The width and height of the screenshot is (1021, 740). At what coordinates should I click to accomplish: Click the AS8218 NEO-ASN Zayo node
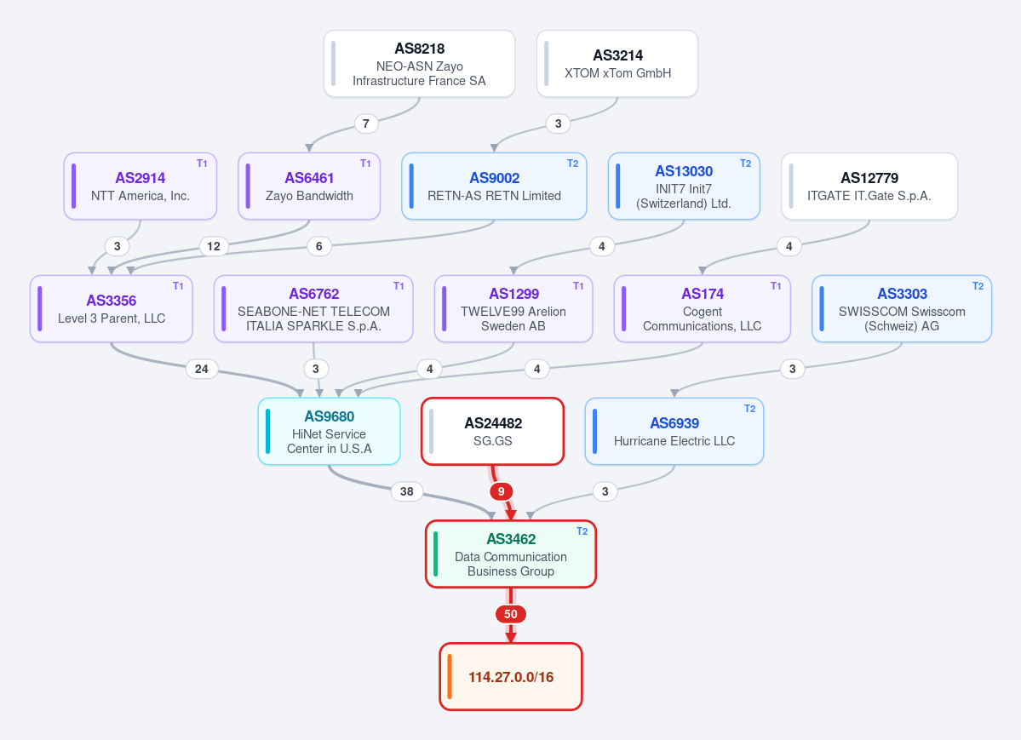pyautogui.click(x=419, y=64)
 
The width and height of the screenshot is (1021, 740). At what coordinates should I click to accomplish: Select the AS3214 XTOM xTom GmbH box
pyautogui.click(x=617, y=64)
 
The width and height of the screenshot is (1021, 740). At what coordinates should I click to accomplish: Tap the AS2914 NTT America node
pyautogui.click(x=140, y=186)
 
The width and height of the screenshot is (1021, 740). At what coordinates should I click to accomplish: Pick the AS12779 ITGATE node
pyautogui.click(x=869, y=186)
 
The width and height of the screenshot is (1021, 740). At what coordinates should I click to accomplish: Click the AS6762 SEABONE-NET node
pyautogui.click(x=313, y=309)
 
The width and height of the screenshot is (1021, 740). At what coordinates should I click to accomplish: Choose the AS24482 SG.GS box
pyautogui.click(x=492, y=431)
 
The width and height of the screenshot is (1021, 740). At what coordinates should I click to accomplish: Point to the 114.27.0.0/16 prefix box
pyautogui.click(x=511, y=677)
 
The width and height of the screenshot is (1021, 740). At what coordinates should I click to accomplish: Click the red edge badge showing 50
pyautogui.click(x=511, y=614)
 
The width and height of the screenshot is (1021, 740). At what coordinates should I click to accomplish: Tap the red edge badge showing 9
pyautogui.click(x=501, y=492)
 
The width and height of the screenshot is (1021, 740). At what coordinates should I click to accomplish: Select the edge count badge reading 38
pyautogui.click(x=406, y=492)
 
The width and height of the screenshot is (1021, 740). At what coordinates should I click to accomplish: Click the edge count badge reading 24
pyautogui.click(x=201, y=370)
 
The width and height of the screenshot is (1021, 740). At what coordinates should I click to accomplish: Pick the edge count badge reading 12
pyautogui.click(x=214, y=246)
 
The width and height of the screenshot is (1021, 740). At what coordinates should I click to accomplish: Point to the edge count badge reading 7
pyautogui.click(x=366, y=123)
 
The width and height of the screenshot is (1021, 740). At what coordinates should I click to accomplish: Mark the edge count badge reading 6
pyautogui.click(x=319, y=246)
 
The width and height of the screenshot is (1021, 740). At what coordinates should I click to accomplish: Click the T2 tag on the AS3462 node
pyautogui.click(x=582, y=531)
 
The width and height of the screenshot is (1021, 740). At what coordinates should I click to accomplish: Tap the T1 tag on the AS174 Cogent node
pyautogui.click(x=776, y=286)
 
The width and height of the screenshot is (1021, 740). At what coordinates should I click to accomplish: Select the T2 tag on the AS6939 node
pyautogui.click(x=749, y=409)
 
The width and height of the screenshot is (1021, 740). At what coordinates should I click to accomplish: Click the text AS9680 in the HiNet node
pyautogui.click(x=329, y=417)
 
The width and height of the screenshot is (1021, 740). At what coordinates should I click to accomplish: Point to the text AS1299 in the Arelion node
pyautogui.click(x=513, y=294)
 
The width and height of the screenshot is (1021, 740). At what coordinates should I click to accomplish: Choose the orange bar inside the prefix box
pyautogui.click(x=450, y=677)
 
